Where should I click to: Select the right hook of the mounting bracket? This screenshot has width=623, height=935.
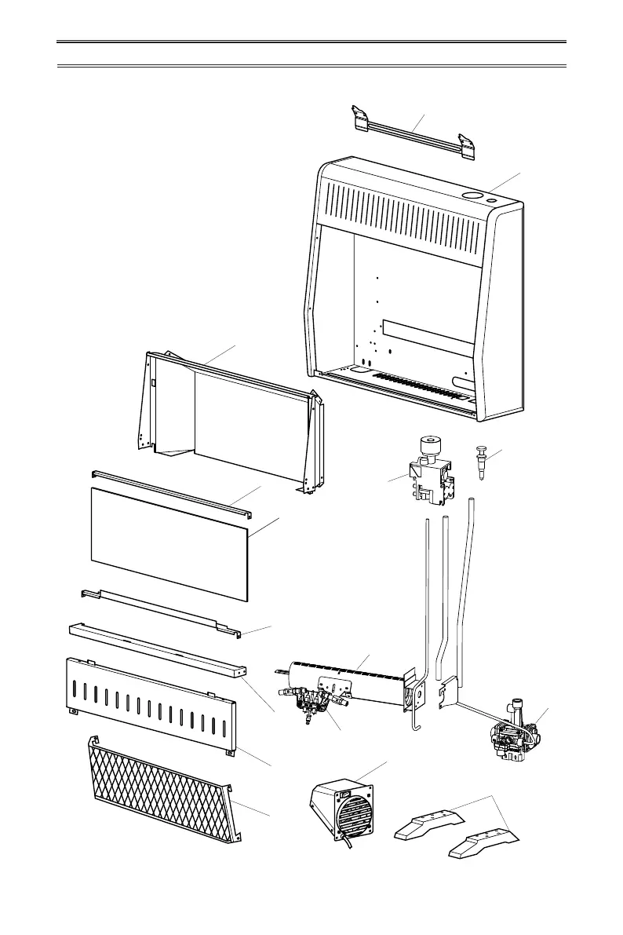tap(468, 147)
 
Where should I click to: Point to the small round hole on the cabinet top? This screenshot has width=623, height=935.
tap(492, 202)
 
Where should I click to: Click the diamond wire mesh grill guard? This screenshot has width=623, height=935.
tap(161, 793)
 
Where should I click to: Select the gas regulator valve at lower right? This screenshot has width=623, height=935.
tap(514, 734)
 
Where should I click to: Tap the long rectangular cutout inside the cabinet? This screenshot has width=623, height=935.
tap(428, 338)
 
